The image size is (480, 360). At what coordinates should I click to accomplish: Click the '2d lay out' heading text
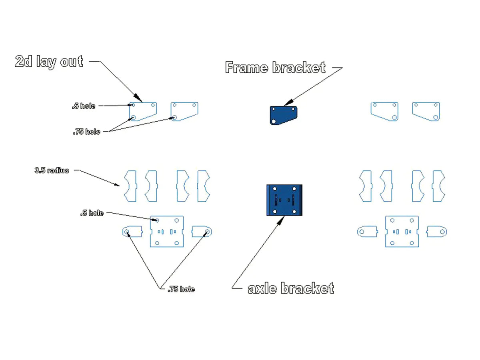tap(49, 62)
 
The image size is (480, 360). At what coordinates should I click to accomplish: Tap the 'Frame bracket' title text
tap(275, 68)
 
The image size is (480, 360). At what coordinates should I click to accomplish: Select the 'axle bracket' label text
tap(291, 288)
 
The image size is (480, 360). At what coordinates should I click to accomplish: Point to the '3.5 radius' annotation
tap(52, 170)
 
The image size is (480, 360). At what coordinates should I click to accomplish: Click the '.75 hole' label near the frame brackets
tap(86, 132)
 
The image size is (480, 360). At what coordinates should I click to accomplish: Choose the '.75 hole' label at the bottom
tap(181, 289)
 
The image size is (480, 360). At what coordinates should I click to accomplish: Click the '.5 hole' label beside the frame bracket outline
tap(84, 106)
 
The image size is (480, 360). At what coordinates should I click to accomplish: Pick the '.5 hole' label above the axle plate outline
tap(92, 213)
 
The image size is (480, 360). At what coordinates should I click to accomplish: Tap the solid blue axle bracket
tap(284, 200)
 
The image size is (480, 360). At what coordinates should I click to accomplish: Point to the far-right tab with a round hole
tap(437, 232)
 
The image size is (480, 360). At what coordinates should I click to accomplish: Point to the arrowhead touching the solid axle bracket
tap(282, 219)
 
